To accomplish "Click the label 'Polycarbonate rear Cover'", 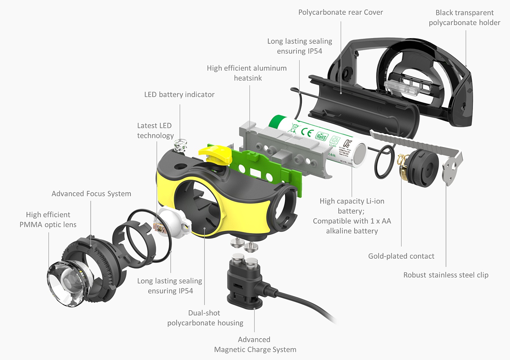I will tap(340, 12).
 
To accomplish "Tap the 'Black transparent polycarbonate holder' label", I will tap(464, 18).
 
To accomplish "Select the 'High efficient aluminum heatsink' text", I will tap(247, 73).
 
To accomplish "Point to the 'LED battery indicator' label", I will tap(179, 94).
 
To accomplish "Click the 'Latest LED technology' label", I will tap(155, 130).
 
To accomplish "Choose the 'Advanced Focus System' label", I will tap(91, 194).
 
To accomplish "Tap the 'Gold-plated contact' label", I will tap(401, 256).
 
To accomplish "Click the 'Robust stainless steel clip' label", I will tap(446, 275).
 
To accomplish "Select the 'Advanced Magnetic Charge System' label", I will tap(255, 345).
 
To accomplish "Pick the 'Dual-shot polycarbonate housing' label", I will tap(205, 318).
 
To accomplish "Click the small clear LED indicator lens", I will tap(180, 145).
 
